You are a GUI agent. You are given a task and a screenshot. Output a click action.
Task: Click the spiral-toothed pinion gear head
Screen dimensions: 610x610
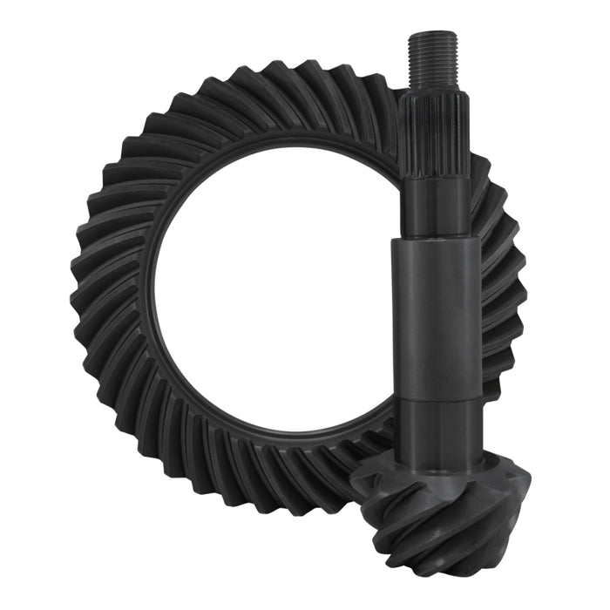[x=427, y=514]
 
